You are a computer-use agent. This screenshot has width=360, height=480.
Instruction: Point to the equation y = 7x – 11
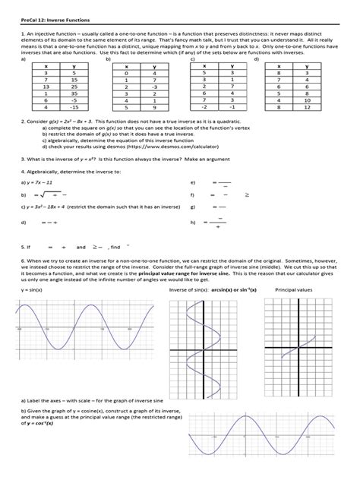tap(38, 183)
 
